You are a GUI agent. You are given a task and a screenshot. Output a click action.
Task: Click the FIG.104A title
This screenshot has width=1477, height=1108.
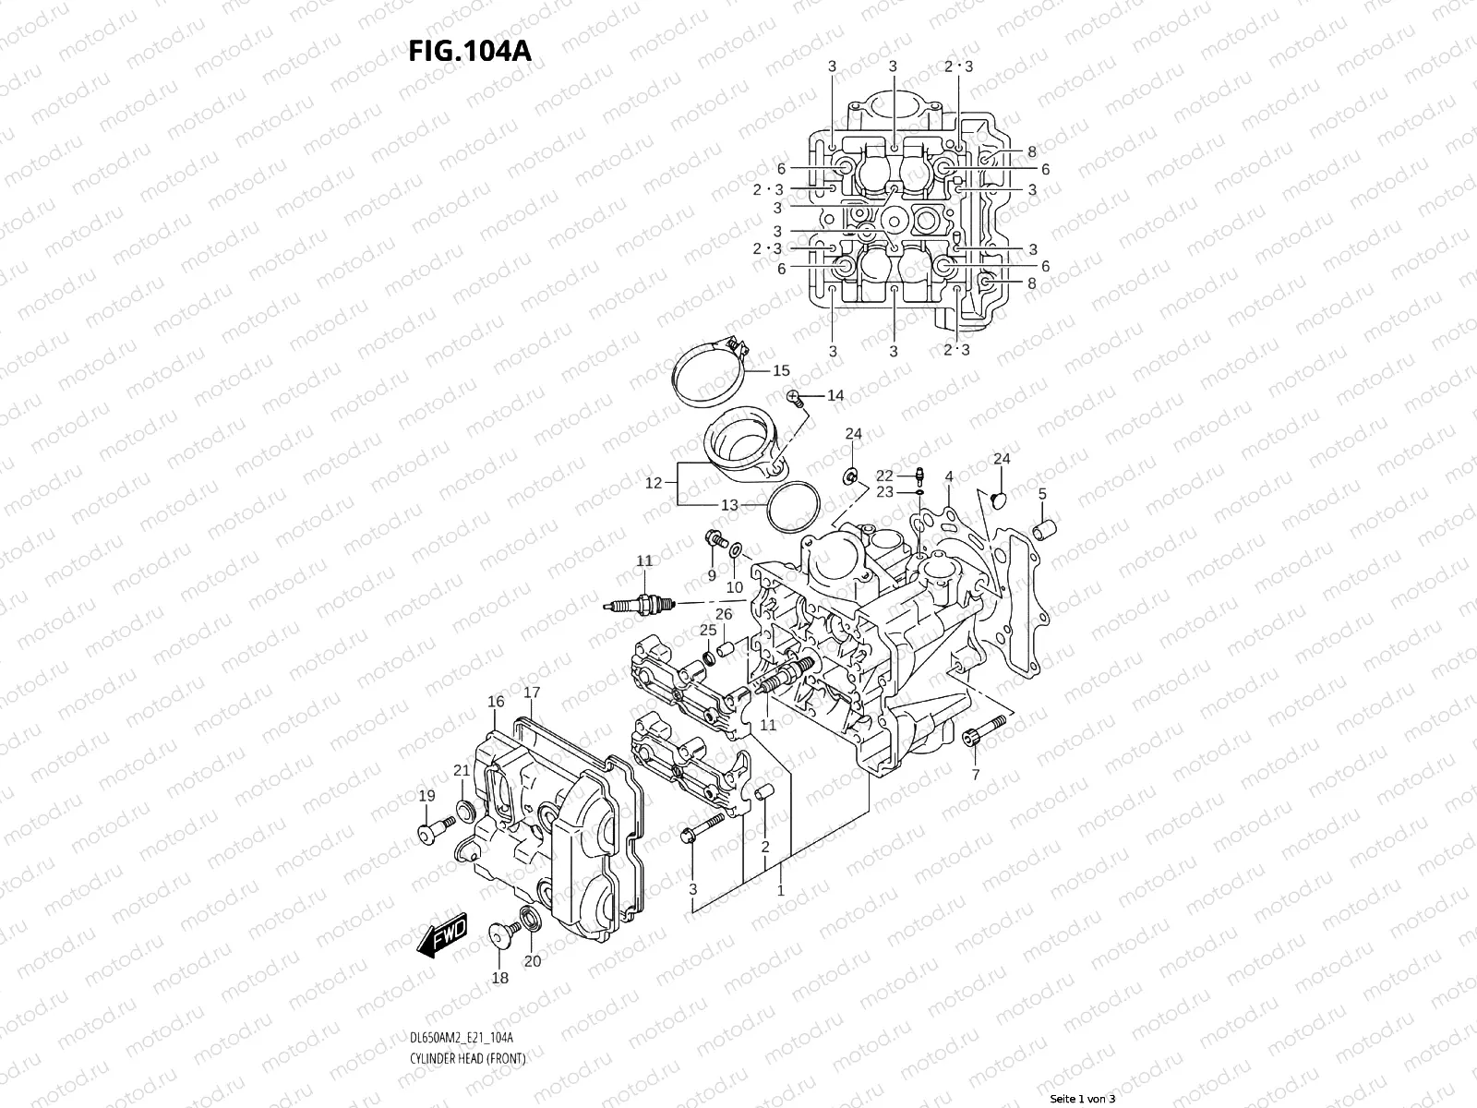point(470,50)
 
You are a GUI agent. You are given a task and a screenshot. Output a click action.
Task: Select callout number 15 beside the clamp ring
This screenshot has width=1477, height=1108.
point(781,370)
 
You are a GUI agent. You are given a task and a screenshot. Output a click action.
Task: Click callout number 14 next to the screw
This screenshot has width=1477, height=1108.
point(835,395)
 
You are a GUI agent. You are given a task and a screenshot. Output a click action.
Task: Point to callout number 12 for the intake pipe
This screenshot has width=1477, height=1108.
point(654,483)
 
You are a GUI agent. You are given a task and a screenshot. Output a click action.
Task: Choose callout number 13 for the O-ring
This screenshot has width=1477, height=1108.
point(729,505)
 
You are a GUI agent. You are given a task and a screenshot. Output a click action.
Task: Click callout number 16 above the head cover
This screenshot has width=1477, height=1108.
point(496,702)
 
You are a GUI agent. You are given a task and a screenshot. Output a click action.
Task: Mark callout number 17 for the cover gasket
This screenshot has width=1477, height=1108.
point(532,692)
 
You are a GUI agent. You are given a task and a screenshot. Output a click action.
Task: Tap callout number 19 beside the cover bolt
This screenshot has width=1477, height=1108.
point(426,796)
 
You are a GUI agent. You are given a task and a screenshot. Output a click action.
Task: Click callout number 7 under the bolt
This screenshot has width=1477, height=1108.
point(976,774)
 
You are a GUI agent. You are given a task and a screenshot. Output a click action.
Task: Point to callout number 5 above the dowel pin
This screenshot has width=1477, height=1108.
point(1042,494)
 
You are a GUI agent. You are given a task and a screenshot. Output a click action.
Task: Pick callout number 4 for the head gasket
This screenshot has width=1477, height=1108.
point(949,476)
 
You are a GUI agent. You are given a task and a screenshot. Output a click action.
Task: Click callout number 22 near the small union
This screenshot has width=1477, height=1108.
point(884,476)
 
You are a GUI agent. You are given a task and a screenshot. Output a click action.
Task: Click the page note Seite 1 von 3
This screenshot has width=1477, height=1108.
point(1083,1100)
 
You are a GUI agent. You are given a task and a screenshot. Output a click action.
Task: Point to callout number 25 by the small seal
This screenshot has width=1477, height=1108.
point(707,630)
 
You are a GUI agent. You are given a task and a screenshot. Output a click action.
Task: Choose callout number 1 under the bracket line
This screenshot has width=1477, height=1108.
point(781,890)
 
